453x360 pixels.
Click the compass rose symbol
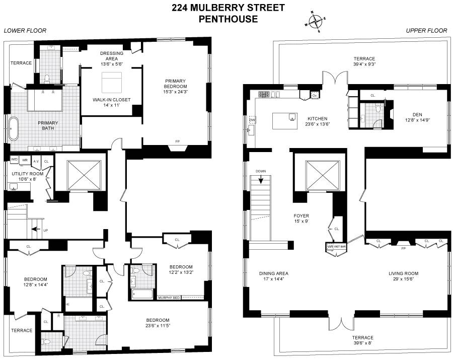[x=316, y=22]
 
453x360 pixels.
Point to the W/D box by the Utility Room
[x=14, y=160]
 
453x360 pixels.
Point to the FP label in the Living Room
[x=403, y=248]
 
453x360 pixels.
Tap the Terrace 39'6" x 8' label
[x=362, y=341]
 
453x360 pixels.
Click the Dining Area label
[x=274, y=277]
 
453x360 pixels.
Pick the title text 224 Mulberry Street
[x=228, y=8]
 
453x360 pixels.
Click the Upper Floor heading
[x=426, y=31]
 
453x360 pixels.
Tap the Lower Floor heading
[x=25, y=31]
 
